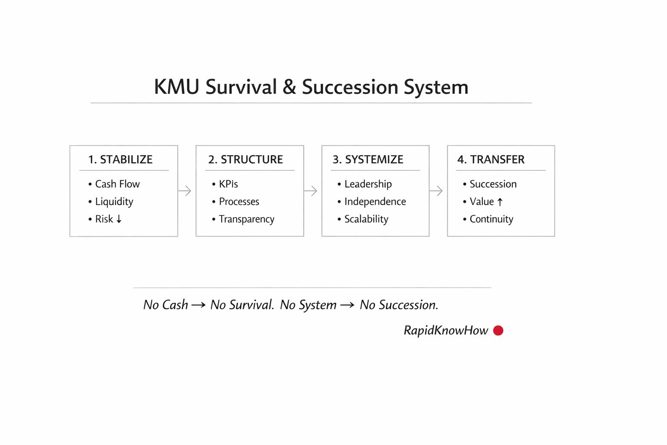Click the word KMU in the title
click(177, 87)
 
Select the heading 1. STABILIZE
click(120, 159)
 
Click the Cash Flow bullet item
click(114, 184)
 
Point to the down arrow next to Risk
click(119, 219)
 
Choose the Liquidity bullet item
click(111, 202)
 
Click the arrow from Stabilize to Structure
click(185, 191)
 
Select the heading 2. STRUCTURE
click(246, 159)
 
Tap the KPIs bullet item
click(225, 184)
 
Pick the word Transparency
click(247, 219)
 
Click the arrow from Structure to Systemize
click(310, 191)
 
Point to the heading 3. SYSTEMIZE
click(368, 159)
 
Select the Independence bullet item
click(372, 202)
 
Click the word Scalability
click(366, 219)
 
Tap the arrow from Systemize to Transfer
click(436, 191)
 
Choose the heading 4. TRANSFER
click(491, 159)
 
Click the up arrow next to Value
click(500, 202)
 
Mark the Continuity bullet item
click(489, 219)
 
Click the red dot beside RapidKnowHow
click(498, 331)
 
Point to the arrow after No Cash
click(198, 305)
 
